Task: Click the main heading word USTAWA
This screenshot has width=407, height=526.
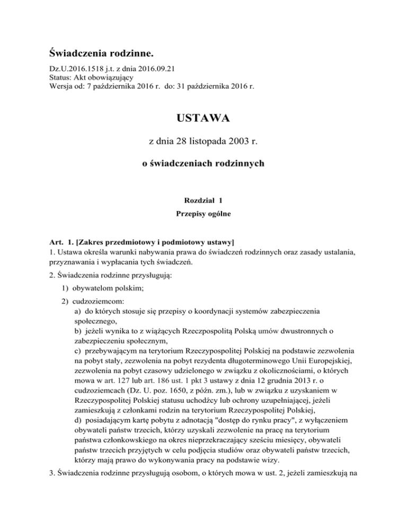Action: [x=203, y=118]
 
